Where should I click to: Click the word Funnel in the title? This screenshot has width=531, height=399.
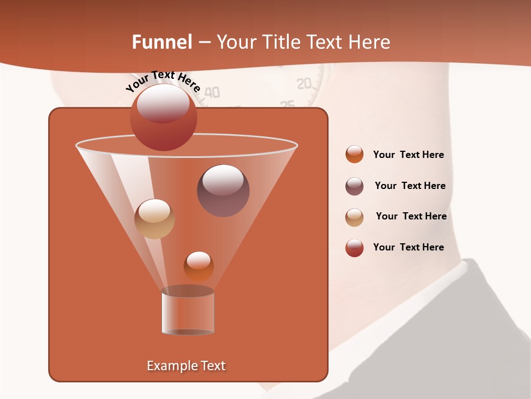[162, 42]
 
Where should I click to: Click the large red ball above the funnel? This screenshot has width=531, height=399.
[163, 117]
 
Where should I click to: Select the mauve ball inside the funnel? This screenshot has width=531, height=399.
[223, 190]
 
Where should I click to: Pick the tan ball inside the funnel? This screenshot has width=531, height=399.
[154, 219]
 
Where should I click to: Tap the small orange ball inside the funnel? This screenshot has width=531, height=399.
[199, 266]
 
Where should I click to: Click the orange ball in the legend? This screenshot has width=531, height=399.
[354, 154]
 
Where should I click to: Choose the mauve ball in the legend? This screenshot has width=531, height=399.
[354, 186]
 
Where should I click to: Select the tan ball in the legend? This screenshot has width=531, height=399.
[354, 217]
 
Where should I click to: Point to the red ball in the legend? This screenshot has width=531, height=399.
[354, 248]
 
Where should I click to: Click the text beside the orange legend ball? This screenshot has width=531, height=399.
[408, 155]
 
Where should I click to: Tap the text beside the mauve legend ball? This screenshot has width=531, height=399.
[410, 186]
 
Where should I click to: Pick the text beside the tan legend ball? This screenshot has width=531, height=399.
[411, 216]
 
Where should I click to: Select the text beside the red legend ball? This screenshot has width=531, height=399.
[408, 247]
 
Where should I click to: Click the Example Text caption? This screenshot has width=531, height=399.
[186, 366]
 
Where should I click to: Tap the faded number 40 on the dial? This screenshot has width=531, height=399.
[212, 93]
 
